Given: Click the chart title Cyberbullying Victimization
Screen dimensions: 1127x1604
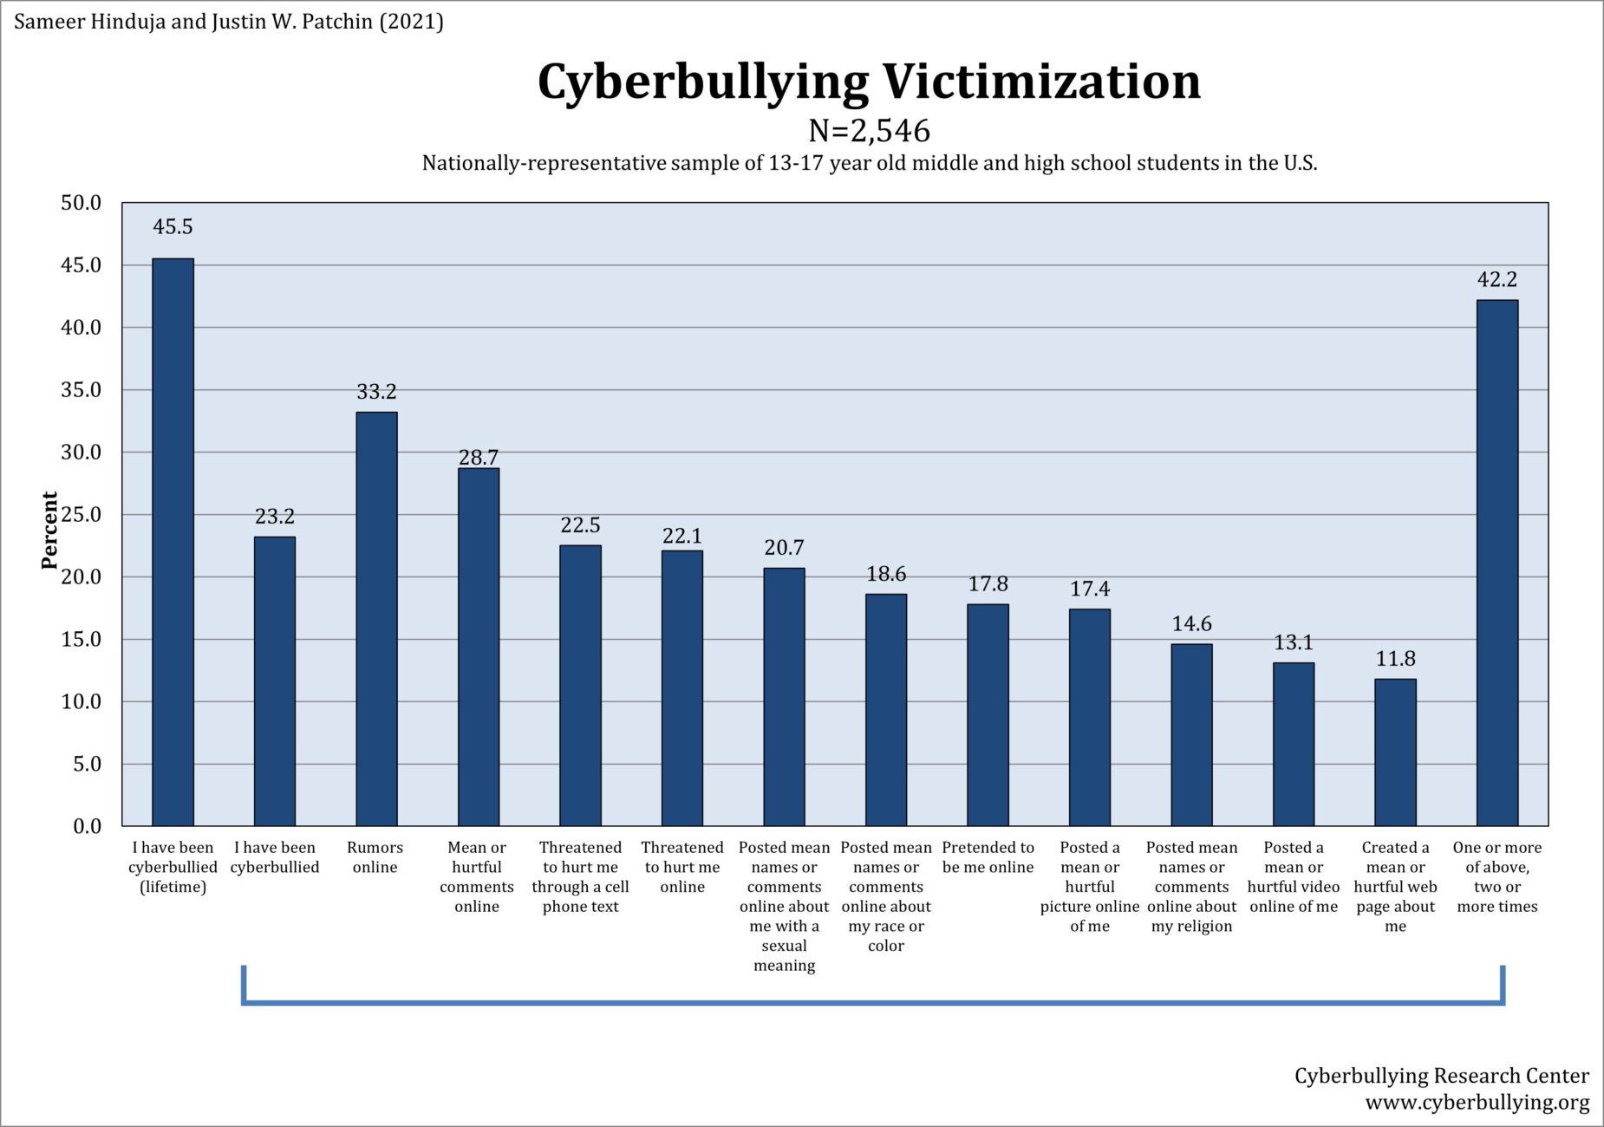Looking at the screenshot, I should point(869,81).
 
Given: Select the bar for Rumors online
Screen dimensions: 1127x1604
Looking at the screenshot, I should point(376,619).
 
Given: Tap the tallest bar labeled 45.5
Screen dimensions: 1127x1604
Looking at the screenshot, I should point(173,542).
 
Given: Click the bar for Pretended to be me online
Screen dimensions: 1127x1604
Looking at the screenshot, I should point(988,715).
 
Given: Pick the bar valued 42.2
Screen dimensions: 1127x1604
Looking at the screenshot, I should point(1496,563).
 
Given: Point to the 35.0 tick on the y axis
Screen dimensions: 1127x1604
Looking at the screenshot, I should point(81,390).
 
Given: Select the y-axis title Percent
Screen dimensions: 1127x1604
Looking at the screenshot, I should point(49,530).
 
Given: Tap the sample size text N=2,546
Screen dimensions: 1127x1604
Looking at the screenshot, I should point(869,131).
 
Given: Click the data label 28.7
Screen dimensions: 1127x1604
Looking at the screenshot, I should point(478,457).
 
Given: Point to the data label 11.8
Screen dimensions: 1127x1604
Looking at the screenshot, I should point(1395,659).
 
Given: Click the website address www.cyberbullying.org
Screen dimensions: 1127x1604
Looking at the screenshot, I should point(1477,1103).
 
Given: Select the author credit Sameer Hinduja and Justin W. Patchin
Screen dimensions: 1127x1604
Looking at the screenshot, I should point(229,21).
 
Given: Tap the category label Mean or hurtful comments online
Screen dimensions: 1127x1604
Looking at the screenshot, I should point(477,876).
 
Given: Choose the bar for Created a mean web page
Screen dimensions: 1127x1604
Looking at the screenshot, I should point(1395,752).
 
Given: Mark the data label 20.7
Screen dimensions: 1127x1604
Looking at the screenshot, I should point(784,548).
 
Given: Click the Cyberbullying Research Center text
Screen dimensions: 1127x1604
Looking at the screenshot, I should point(1441,1076).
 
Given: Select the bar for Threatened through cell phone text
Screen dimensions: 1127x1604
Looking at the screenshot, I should point(580,685).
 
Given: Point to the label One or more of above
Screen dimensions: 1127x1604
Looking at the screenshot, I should point(1496,876).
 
